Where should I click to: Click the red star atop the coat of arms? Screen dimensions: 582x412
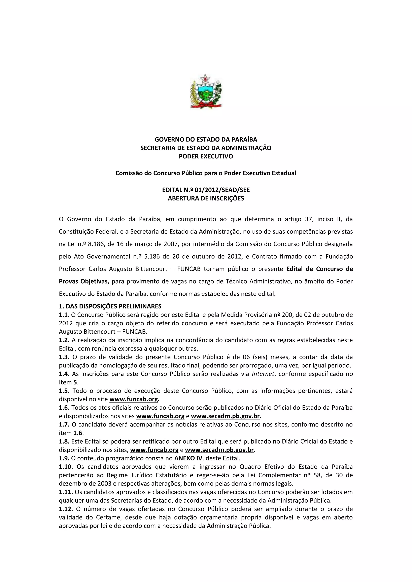click(205, 78)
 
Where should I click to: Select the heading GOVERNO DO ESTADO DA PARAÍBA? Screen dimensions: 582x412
click(206, 139)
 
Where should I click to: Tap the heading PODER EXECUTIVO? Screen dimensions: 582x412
click(206, 156)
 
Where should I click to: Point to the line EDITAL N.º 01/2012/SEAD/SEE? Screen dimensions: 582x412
click(206, 190)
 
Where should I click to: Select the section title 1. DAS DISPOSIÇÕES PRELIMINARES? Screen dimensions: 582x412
click(110, 306)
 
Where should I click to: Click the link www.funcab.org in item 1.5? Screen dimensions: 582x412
click(133, 399)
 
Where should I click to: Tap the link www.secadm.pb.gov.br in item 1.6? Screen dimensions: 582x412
click(225, 416)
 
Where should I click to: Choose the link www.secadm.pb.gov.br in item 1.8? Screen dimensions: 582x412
click(219, 450)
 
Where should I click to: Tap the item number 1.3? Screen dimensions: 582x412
click(64, 357)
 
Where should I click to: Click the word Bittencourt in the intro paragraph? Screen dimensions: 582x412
click(151, 269)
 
